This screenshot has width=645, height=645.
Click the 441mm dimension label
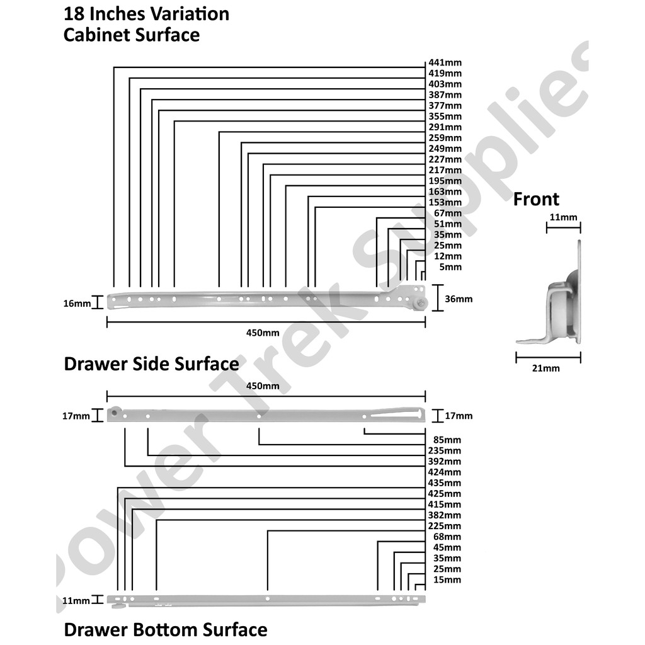pyautogui.click(x=445, y=63)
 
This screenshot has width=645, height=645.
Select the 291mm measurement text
pyautogui.click(x=445, y=127)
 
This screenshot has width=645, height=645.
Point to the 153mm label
pyautogui.click(x=445, y=202)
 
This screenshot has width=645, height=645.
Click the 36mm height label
pyautogui.click(x=459, y=299)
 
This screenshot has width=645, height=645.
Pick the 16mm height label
pyautogui.click(x=77, y=304)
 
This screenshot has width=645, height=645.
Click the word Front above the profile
pyautogui.click(x=536, y=200)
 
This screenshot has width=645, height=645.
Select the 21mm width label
pyautogui.click(x=545, y=368)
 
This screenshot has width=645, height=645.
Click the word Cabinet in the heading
pyautogui.click(x=96, y=35)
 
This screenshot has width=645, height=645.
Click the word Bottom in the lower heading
pyautogui.click(x=167, y=630)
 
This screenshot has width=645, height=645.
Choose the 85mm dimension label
pyautogui.click(x=447, y=440)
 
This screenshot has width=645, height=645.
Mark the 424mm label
pyautogui.click(x=445, y=472)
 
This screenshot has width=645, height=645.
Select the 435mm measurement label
pyautogui.click(x=445, y=483)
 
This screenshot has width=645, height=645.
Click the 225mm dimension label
pyautogui.click(x=445, y=526)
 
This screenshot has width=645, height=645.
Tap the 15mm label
pyautogui.click(x=447, y=579)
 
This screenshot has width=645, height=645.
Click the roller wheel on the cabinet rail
pyautogui.click(x=420, y=304)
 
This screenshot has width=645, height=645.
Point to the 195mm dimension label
pyautogui.click(x=445, y=181)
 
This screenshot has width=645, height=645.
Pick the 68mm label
pyautogui.click(x=447, y=537)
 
